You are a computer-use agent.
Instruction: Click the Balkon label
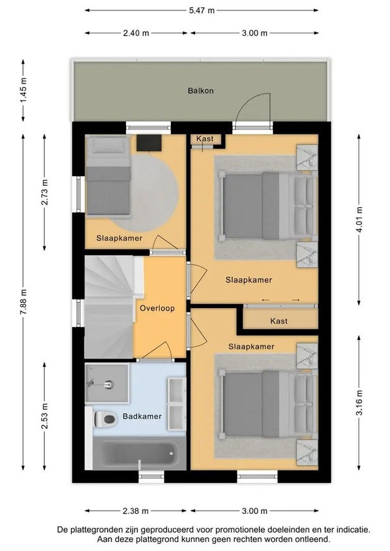[200, 91]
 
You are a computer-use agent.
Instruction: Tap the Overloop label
[157, 308]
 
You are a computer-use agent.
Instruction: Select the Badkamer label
[142, 416]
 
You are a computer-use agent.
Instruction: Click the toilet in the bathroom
[105, 419]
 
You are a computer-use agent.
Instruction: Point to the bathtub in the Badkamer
[139, 454]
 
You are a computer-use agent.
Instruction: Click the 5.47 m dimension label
[201, 10]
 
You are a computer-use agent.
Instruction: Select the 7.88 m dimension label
[23, 302]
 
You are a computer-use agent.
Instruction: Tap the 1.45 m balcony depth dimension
[23, 91]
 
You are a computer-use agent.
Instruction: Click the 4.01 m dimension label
[359, 220]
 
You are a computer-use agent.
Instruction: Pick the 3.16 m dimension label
[359, 402]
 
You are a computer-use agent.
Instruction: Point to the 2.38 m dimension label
[135, 511]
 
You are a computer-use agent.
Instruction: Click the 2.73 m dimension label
[44, 192]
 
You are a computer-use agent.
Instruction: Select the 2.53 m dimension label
[44, 416]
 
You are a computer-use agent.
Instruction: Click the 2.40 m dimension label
[136, 33]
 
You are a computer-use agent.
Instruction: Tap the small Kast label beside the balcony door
[205, 138]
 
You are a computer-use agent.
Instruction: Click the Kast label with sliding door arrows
[279, 321]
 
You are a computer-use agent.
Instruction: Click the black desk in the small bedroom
[149, 143]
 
